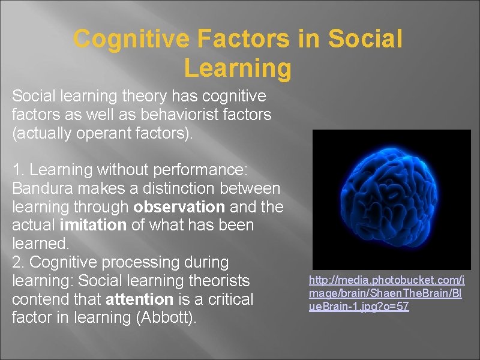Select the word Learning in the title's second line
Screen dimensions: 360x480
click(x=238, y=68)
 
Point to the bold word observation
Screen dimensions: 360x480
click(x=177, y=208)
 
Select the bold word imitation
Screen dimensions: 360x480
click(x=94, y=226)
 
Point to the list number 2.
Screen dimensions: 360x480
click(x=17, y=262)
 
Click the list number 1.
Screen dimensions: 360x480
click(x=16, y=170)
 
